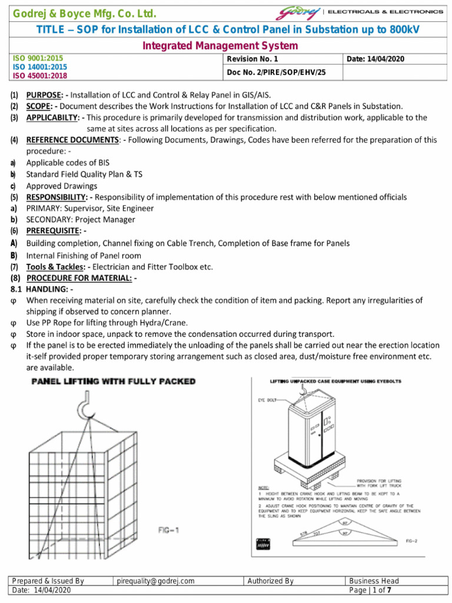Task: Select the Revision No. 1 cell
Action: (252, 59)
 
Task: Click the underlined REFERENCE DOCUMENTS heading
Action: (72, 140)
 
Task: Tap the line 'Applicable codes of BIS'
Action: (68, 163)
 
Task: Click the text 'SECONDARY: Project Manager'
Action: (81, 220)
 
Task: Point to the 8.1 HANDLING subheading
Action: (42, 289)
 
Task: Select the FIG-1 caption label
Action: (168, 530)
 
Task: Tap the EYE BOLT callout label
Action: (267, 400)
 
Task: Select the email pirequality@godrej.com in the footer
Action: (155, 581)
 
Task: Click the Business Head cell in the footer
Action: (374, 581)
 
